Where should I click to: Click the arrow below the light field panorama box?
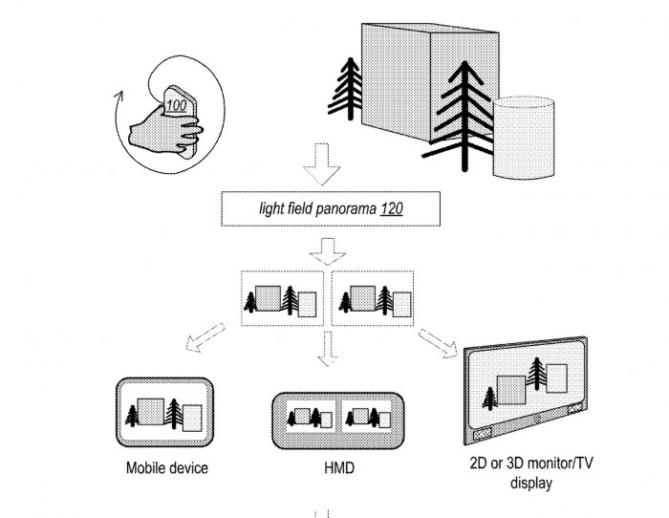pyautogui.click(x=327, y=250)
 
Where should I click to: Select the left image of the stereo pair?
pyautogui.click(x=283, y=299)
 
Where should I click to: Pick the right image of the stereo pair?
pyautogui.click(x=373, y=299)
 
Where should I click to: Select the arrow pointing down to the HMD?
pyautogui.click(x=328, y=352)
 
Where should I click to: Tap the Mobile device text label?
pyautogui.click(x=167, y=469)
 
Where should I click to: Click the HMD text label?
pyautogui.click(x=328, y=469)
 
